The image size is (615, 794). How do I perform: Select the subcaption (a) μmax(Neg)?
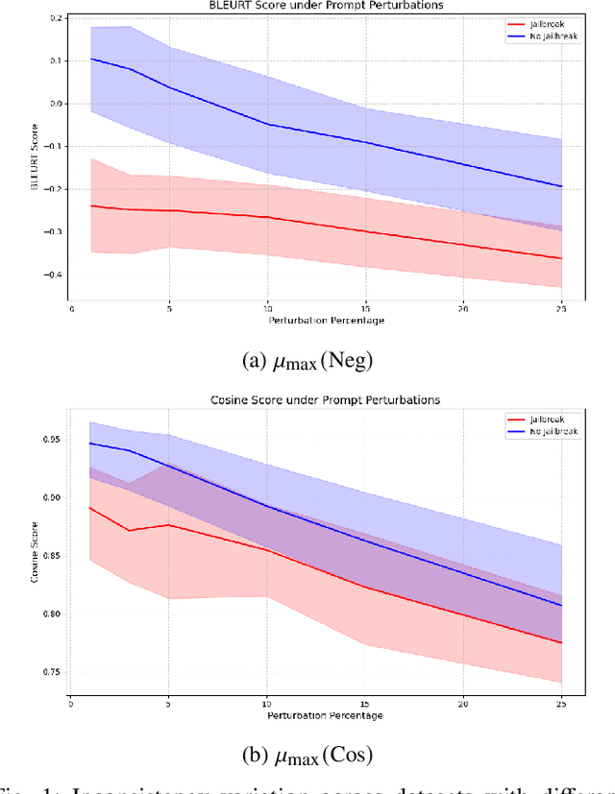pyautogui.click(x=307, y=361)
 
